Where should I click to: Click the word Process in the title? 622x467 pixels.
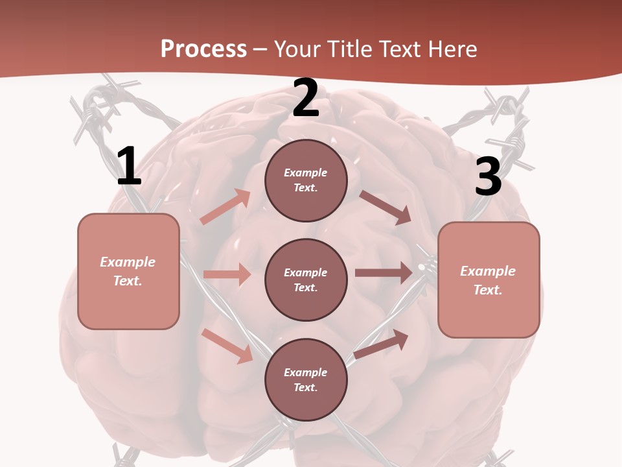coord(203,49)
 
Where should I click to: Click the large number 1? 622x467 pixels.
coord(129,167)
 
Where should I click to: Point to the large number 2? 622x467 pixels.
coord(306,99)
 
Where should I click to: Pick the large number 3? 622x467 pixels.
coord(488,177)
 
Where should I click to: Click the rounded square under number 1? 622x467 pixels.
coord(128,271)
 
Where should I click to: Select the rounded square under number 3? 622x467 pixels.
coord(489,280)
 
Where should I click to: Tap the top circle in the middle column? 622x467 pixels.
coord(306,180)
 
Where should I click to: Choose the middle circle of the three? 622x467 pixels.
coord(306,280)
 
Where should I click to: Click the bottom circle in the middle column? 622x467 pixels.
coord(306,379)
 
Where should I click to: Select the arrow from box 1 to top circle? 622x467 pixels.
coord(225,207)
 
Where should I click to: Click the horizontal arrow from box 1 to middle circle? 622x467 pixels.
coord(227,274)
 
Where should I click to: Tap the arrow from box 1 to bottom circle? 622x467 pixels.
coord(227,346)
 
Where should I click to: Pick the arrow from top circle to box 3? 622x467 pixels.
coord(385,207)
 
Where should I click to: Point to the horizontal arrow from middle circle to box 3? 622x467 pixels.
coord(384,273)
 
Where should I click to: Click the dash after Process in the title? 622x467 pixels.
coord(260,49)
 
